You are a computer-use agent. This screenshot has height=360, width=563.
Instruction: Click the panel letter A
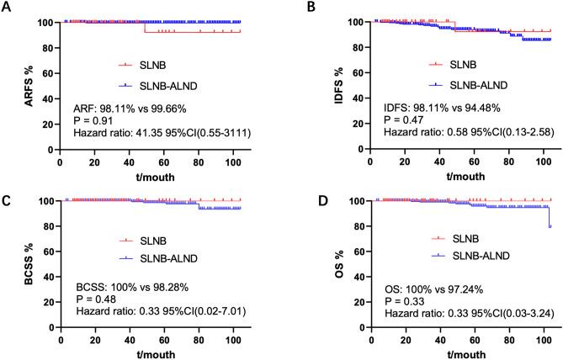click(x=7, y=7)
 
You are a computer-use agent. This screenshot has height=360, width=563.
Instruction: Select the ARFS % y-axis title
click(x=11, y=88)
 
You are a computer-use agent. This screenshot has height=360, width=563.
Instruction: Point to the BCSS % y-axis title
click(x=11, y=268)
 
